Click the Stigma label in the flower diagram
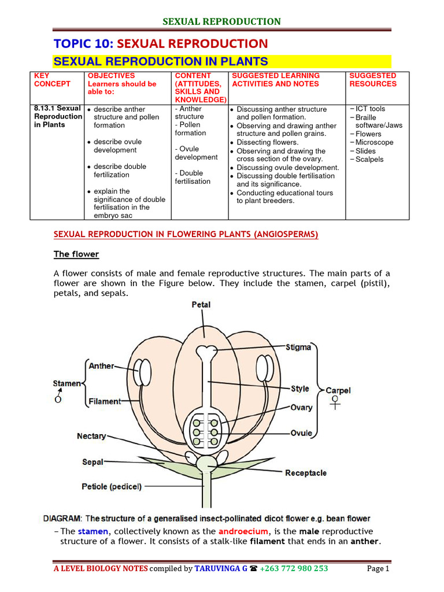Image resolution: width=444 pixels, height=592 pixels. point(298,347)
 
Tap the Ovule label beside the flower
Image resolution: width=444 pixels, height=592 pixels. point(301,433)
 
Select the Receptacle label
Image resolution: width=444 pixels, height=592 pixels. point(306,473)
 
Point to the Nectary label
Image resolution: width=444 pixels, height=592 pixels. point(91,436)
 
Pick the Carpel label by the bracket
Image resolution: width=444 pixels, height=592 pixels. point(338,391)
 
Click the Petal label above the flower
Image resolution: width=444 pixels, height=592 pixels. point(201,305)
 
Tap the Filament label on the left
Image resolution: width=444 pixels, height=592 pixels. point(105,401)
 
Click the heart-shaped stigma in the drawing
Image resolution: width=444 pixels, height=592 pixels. point(206,352)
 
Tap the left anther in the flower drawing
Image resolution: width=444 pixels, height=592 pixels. point(143,369)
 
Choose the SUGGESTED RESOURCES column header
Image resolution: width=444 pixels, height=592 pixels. point(373,80)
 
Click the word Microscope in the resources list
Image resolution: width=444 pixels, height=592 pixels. point(374,142)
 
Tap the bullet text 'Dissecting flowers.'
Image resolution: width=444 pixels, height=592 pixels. point(268,142)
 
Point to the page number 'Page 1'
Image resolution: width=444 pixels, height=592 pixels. point(379,568)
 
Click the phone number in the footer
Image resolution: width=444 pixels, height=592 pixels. point(294,568)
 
